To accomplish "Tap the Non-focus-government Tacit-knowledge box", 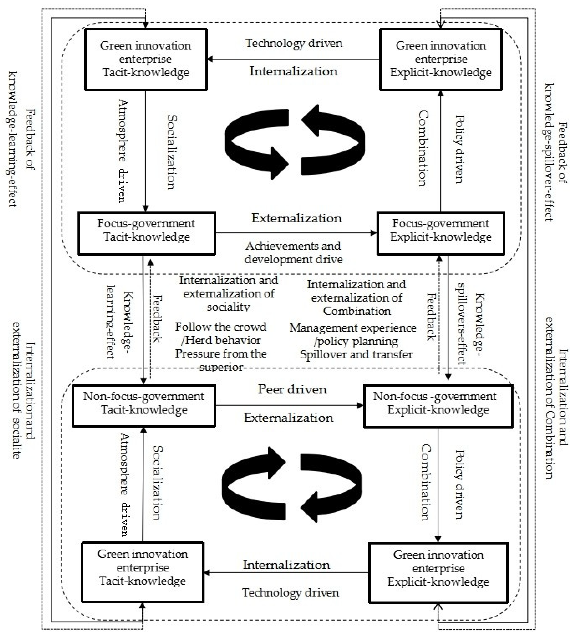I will pos(144,406).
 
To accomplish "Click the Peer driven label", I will pos(292,389).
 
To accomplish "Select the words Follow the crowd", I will pos(221,327).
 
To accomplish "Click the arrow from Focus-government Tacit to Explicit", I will pos(295,233).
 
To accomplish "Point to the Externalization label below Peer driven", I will pos(289,418).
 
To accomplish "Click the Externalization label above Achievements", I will pos(296,218).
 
